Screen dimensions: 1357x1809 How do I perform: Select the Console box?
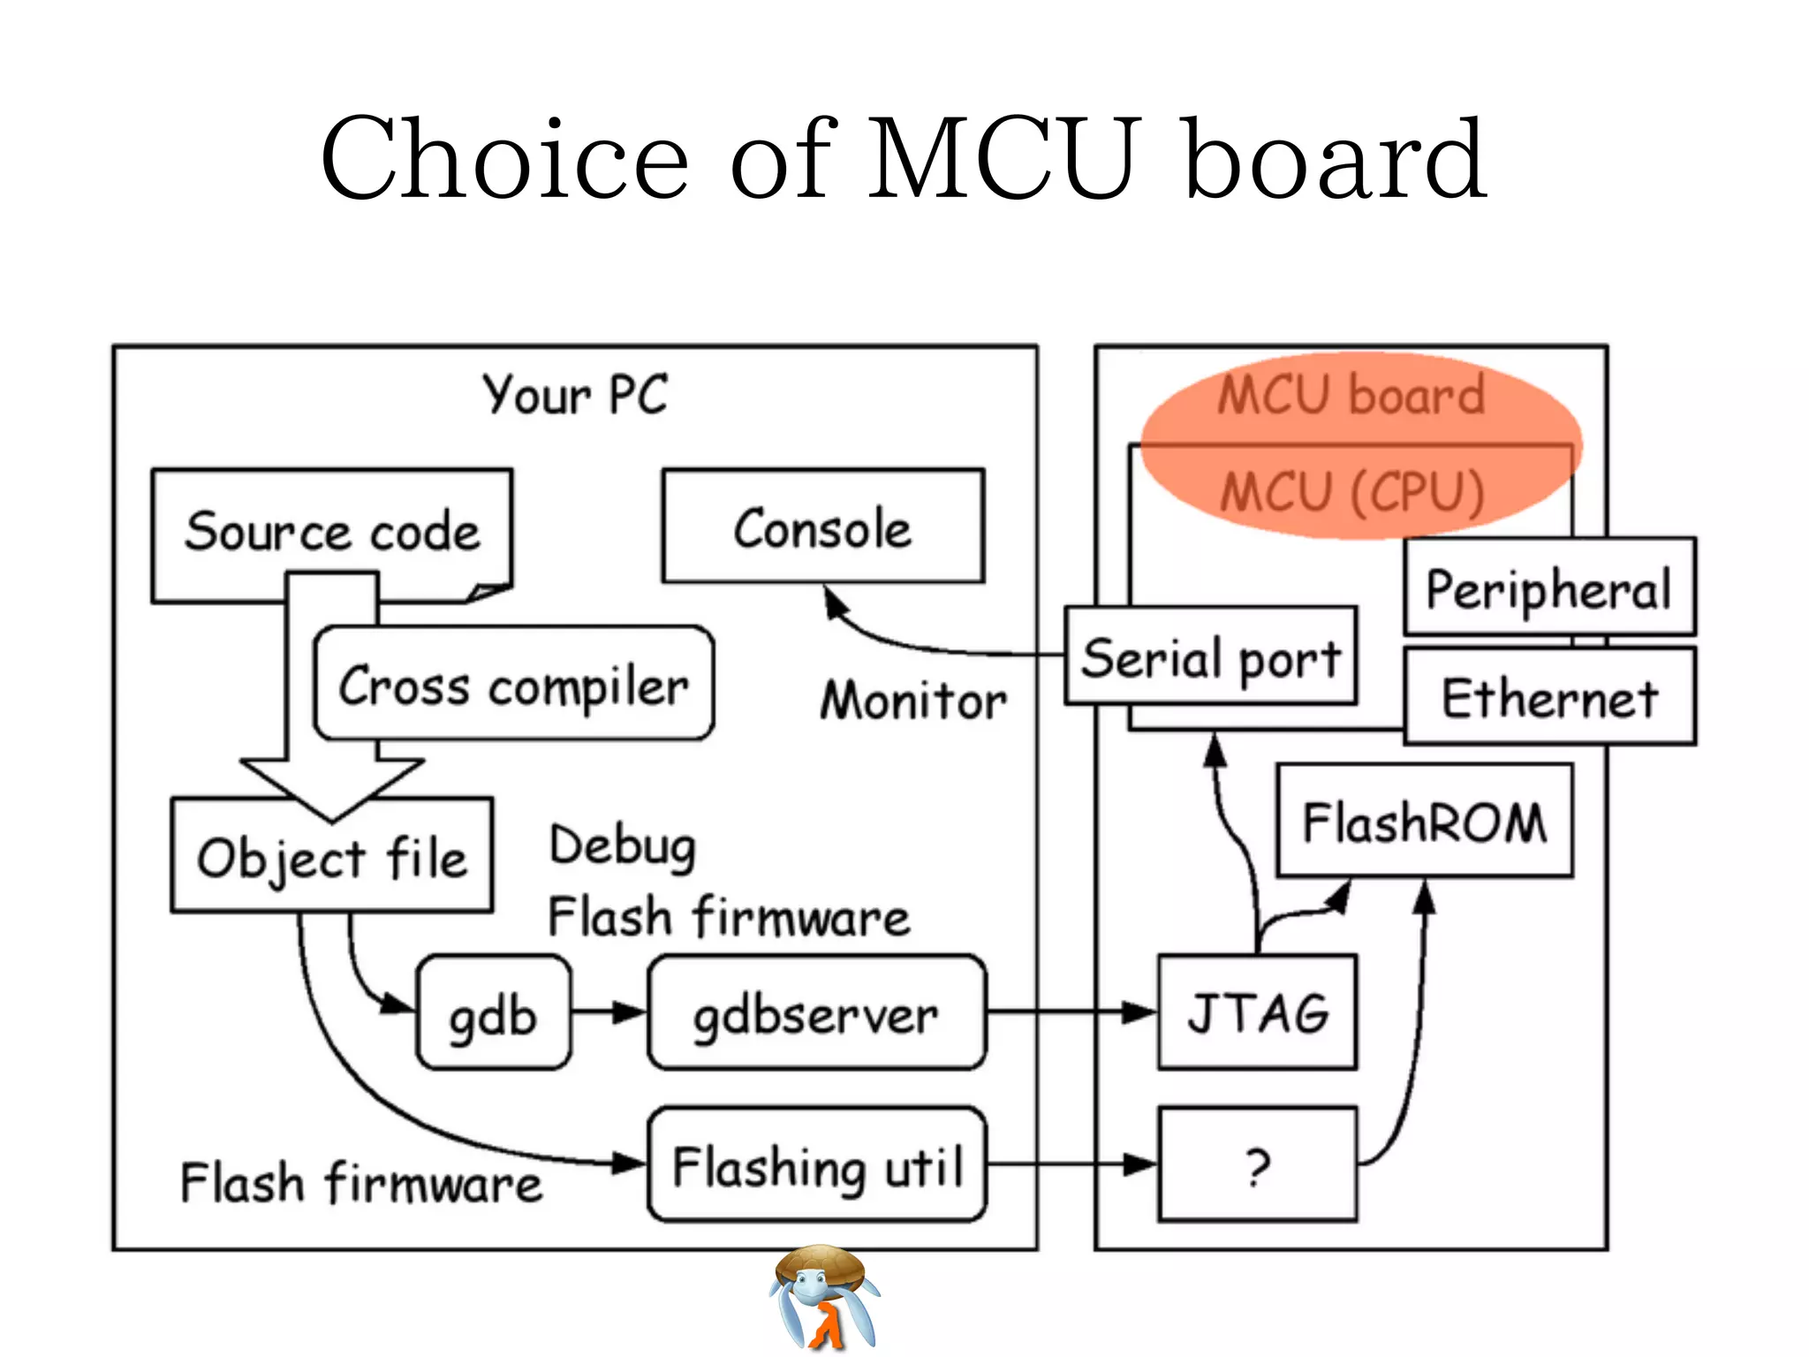pos(822,527)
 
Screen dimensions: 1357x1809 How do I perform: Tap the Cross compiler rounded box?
pos(513,685)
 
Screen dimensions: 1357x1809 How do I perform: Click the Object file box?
pos(331,857)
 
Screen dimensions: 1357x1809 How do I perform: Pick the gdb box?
pos(493,1013)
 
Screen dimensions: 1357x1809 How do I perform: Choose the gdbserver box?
pos(816,1013)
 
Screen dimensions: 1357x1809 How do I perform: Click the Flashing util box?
pos(816,1165)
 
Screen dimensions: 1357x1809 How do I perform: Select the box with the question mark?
pos(1257,1165)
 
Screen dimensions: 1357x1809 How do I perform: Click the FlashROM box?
pos(1424,822)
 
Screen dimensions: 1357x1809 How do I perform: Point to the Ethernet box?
pos(1549,697)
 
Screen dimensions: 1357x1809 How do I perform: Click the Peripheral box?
pos(1549,588)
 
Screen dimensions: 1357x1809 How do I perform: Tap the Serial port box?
pos(1210,656)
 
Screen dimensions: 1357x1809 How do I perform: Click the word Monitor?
pos(913,701)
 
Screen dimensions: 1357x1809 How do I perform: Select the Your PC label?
pos(575,394)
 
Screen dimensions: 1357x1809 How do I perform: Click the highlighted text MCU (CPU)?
pos(1351,491)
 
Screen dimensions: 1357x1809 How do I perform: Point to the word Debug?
pos(623,845)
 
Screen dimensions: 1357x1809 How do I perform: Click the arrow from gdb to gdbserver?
pos(609,1012)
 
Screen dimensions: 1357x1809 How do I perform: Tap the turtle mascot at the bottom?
pos(824,1297)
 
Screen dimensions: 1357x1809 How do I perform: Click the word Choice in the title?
pos(504,159)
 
